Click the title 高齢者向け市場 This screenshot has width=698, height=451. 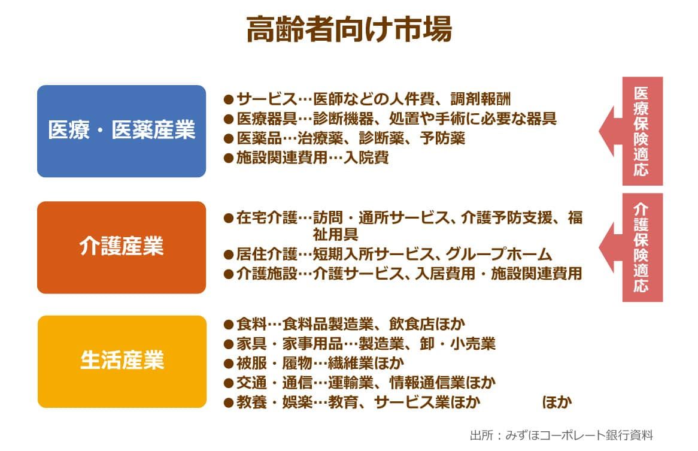coord(349,29)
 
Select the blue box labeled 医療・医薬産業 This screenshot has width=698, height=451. coord(122,131)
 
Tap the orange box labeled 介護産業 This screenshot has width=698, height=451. coord(122,247)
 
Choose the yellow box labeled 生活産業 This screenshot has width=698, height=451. coord(122,362)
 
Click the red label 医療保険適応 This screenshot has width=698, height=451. coord(642,131)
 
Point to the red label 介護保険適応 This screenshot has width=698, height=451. coord(642,247)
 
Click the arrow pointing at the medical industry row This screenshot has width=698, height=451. coord(611,131)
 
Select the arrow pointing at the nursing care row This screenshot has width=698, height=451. coord(611,247)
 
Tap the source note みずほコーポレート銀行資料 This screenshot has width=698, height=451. coord(579,435)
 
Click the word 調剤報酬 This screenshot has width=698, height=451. coord(481,99)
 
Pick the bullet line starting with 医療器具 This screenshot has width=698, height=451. coord(390,119)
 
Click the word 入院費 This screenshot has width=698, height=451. coord(366,158)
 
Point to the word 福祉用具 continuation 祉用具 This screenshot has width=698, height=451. coord(335,234)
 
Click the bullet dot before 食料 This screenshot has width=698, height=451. coord(229,325)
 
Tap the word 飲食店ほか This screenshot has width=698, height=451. coord(427,324)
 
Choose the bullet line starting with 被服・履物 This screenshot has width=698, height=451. coord(314,364)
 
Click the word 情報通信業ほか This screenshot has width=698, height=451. coord(442,383)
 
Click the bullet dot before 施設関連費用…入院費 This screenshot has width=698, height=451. coord(229,158)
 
